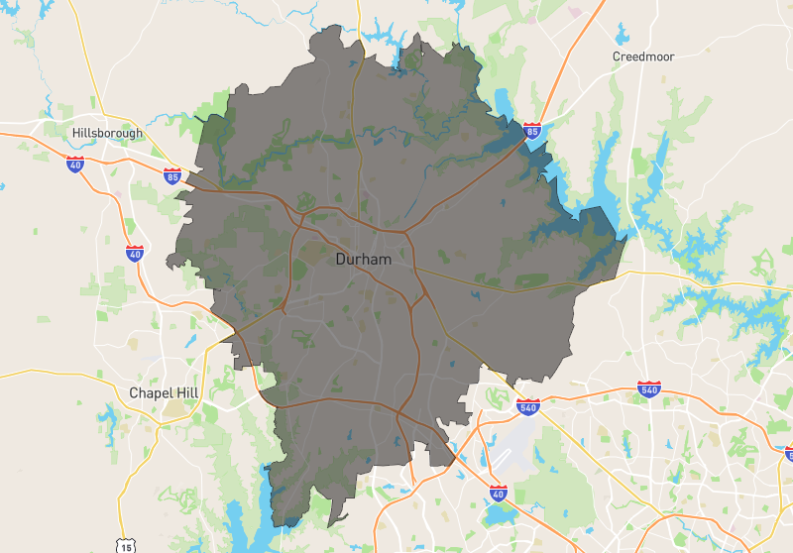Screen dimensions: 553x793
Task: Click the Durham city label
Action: click(x=363, y=260)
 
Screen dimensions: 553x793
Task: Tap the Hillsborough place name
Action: click(x=107, y=133)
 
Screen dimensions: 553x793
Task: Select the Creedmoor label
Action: click(x=642, y=56)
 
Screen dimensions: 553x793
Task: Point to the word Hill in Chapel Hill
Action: click(x=186, y=393)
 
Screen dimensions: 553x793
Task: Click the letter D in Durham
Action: click(x=341, y=260)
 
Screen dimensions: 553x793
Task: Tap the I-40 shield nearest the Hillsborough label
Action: click(x=75, y=165)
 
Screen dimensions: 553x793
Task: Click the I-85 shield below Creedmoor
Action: click(x=532, y=130)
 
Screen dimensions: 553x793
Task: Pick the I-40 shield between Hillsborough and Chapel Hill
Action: click(x=135, y=254)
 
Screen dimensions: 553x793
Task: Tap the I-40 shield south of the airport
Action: click(x=498, y=493)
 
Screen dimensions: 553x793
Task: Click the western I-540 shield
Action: click(x=527, y=406)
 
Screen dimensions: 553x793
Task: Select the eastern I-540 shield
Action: click(x=648, y=389)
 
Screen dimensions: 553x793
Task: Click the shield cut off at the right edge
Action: click(x=788, y=453)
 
